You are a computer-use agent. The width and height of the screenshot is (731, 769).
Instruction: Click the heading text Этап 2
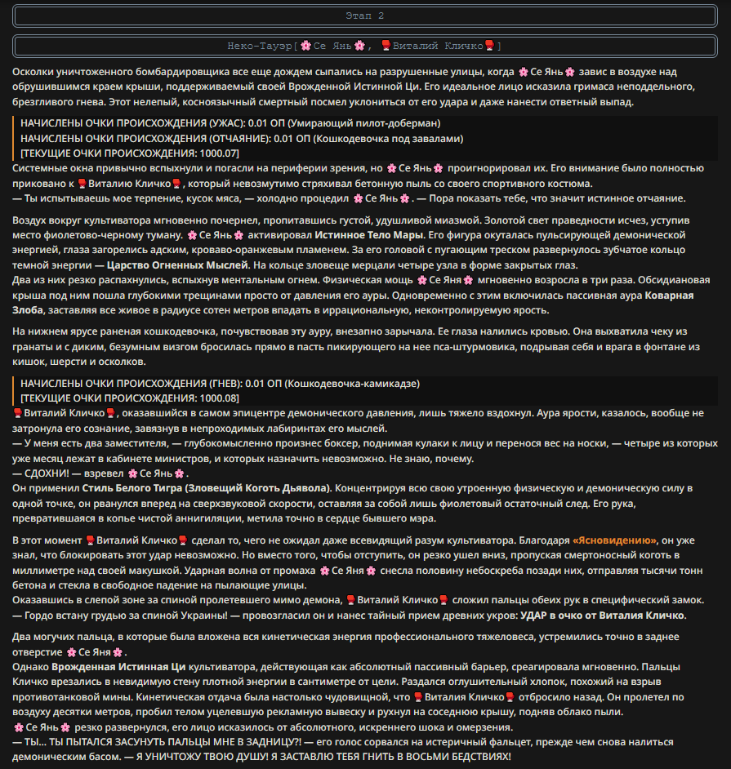pos(364,16)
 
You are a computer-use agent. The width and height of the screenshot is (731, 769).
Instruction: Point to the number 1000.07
pos(218,153)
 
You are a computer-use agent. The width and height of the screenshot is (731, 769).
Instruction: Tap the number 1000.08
pos(218,398)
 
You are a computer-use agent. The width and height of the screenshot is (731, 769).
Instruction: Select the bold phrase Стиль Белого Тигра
pos(131,487)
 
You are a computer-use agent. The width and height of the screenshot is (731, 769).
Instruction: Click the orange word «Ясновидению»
pos(615,540)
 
